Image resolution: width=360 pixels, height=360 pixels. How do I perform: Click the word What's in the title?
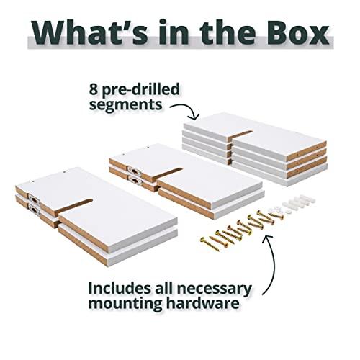(90, 32)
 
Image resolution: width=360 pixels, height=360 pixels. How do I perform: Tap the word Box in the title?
(298, 32)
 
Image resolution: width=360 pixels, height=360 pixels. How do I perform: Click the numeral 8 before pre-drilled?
(94, 89)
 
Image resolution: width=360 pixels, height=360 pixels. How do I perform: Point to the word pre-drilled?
(140, 90)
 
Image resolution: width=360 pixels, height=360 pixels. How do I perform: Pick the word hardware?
(203, 303)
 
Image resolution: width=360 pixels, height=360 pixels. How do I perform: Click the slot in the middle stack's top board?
(167, 174)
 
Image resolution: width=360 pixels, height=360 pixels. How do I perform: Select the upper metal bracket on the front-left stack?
(35, 199)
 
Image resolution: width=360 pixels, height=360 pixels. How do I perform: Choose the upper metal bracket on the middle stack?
(135, 171)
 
